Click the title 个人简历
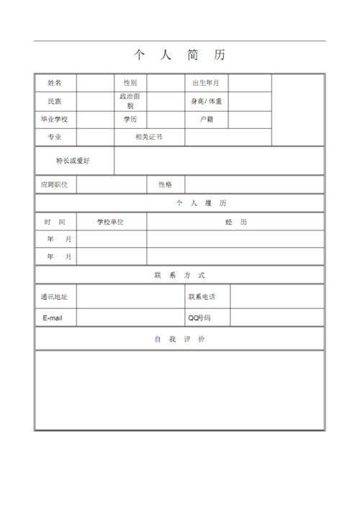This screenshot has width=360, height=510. [179, 55]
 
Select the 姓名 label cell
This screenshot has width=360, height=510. [55, 83]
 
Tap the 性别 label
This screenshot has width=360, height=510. [130, 83]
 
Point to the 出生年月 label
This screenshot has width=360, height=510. [206, 83]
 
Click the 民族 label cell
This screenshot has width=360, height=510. [55, 102]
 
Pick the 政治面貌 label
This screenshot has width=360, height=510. [130, 101]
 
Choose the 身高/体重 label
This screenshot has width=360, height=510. [206, 102]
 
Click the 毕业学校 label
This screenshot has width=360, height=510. [55, 119]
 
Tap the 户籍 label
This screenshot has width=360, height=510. [207, 119]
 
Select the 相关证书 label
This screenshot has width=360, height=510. [149, 137]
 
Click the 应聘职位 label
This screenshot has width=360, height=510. [55, 185]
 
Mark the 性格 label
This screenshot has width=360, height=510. [166, 185]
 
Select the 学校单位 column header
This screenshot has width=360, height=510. [111, 222]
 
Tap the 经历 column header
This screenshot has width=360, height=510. [235, 222]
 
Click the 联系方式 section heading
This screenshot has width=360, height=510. [179, 275]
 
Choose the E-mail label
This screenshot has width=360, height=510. [55, 318]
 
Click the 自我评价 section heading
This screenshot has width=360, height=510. [179, 339]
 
